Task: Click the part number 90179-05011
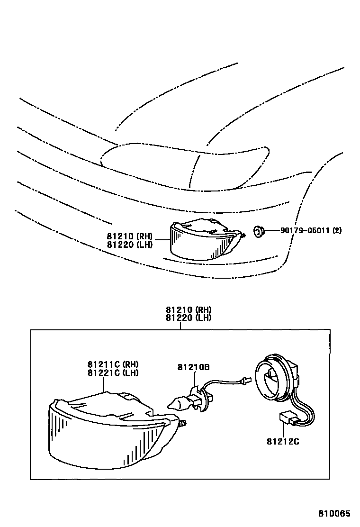point(305,231)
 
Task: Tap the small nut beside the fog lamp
point(259,232)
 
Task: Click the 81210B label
point(194,367)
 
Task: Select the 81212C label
point(283,442)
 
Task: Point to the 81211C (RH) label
point(112,364)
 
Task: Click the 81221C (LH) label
point(112,373)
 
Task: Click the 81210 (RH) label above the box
point(189,310)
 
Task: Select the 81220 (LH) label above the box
point(189,318)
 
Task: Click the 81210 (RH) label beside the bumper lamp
point(129,236)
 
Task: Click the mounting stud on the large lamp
point(182,423)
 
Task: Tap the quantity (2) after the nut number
point(337,231)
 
